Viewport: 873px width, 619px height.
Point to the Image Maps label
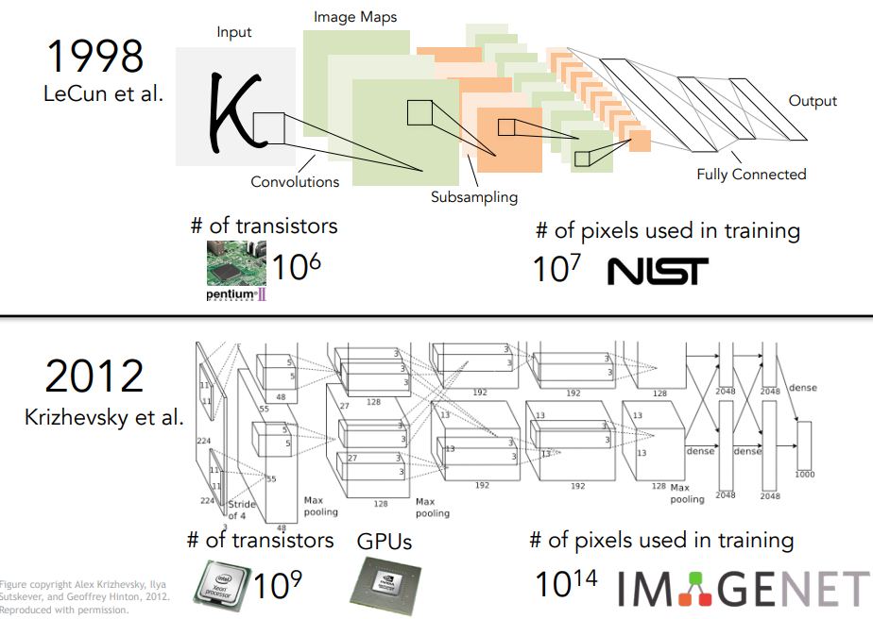(355, 16)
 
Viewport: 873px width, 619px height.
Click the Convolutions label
(295, 181)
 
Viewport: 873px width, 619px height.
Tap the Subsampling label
(474, 197)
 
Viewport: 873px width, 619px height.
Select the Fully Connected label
(751, 174)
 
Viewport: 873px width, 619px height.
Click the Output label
(813, 101)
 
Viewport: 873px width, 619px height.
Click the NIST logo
(657, 271)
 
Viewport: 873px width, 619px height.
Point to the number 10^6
(297, 267)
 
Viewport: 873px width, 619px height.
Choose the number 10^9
(278, 584)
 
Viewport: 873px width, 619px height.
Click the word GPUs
(385, 542)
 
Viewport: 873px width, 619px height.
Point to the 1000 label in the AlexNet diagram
(804, 474)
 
